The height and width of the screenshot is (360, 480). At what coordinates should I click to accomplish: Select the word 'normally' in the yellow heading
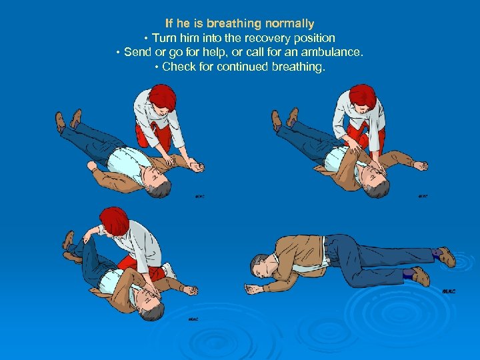point(289,24)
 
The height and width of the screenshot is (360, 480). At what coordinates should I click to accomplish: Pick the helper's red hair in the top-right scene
point(363,96)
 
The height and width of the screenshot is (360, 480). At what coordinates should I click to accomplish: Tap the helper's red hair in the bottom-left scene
point(115,221)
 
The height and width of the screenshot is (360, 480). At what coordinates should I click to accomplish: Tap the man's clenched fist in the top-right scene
point(421,165)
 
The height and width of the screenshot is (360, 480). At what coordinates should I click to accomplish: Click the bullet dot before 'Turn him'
point(146,39)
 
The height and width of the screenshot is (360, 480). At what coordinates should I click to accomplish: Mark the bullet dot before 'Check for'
point(157,67)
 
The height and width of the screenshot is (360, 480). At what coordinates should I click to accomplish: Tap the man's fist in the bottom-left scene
point(191,290)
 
